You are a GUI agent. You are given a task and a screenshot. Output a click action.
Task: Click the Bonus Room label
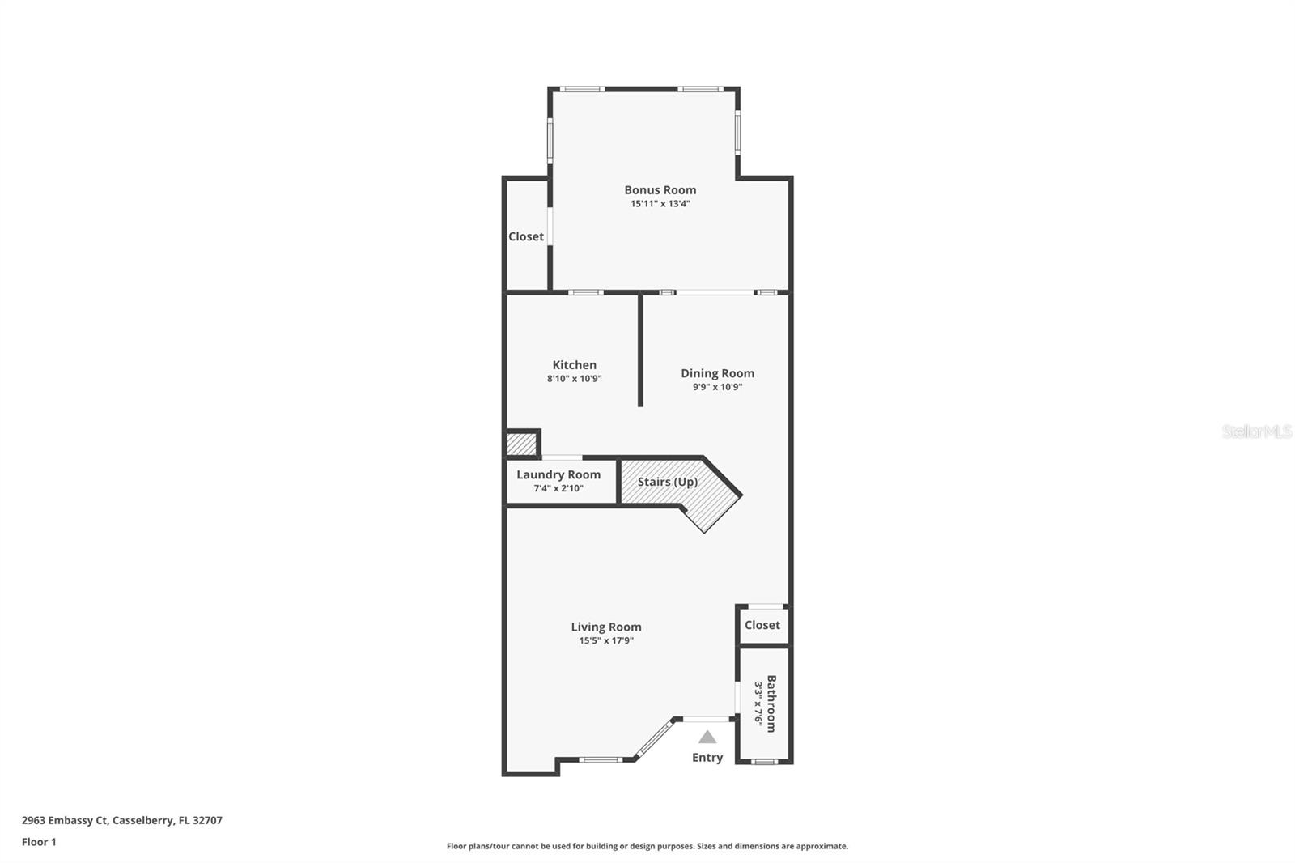660,190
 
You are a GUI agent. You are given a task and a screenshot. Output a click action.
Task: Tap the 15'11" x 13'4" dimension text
660,204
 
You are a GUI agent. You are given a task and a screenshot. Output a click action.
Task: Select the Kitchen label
574,365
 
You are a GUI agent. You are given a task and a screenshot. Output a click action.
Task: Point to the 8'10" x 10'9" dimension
574,379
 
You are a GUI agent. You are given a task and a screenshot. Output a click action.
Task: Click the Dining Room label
717,373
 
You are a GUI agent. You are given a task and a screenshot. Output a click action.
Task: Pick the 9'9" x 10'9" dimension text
717,387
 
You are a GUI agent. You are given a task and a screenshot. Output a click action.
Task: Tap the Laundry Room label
558,474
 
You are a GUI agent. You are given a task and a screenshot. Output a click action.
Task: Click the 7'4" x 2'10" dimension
558,488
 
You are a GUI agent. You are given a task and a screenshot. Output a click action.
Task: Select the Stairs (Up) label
667,482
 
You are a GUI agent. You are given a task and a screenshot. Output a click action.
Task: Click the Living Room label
605,627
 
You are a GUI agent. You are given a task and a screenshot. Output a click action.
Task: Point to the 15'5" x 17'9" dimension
605,640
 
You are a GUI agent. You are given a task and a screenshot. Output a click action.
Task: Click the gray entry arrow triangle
707,738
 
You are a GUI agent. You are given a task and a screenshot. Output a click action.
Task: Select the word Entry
707,758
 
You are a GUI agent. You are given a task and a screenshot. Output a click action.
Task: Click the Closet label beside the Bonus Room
526,236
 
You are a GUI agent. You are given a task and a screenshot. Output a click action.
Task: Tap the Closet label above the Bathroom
762,625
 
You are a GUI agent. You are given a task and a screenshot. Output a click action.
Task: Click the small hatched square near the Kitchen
521,444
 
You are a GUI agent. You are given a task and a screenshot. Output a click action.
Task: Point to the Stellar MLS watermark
1256,431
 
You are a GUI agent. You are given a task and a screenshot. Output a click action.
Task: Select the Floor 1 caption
39,842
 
